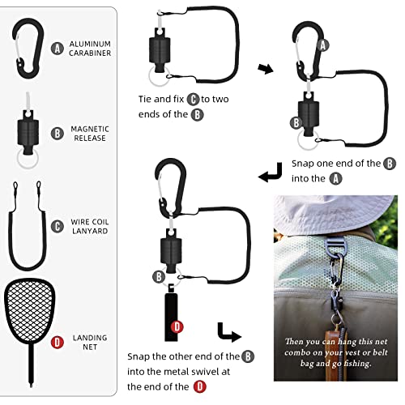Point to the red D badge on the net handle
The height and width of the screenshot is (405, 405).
tap(177, 327)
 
